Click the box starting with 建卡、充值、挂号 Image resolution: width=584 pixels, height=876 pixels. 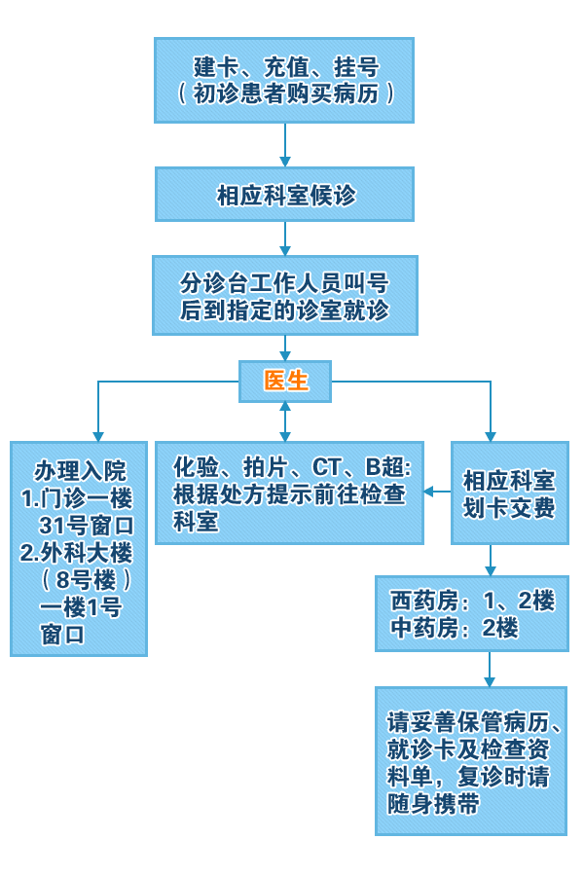[x=284, y=80]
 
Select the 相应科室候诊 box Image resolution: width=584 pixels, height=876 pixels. [x=284, y=195]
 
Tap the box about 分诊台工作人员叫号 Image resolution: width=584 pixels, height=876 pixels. [x=284, y=296]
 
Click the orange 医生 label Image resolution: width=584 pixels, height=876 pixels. [x=285, y=382]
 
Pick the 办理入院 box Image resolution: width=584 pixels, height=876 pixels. [x=79, y=548]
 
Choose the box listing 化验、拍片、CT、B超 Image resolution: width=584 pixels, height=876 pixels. [x=290, y=493]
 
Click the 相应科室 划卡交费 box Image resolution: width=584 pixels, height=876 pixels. [x=509, y=493]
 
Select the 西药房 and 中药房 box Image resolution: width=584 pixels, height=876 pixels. [x=472, y=614]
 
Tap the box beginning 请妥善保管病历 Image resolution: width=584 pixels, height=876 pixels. [x=471, y=761]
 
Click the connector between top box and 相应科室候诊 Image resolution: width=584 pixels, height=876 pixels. [x=285, y=145]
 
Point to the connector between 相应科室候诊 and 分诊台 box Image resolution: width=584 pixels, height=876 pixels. [x=285, y=238]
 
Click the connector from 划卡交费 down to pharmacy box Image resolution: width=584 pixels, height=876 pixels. [x=491, y=560]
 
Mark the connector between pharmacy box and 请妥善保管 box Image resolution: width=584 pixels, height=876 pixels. [x=490, y=670]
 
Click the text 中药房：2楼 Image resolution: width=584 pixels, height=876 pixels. [x=454, y=628]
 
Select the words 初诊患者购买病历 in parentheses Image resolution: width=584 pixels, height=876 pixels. [x=285, y=93]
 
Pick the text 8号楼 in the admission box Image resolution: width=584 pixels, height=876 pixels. [x=87, y=581]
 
